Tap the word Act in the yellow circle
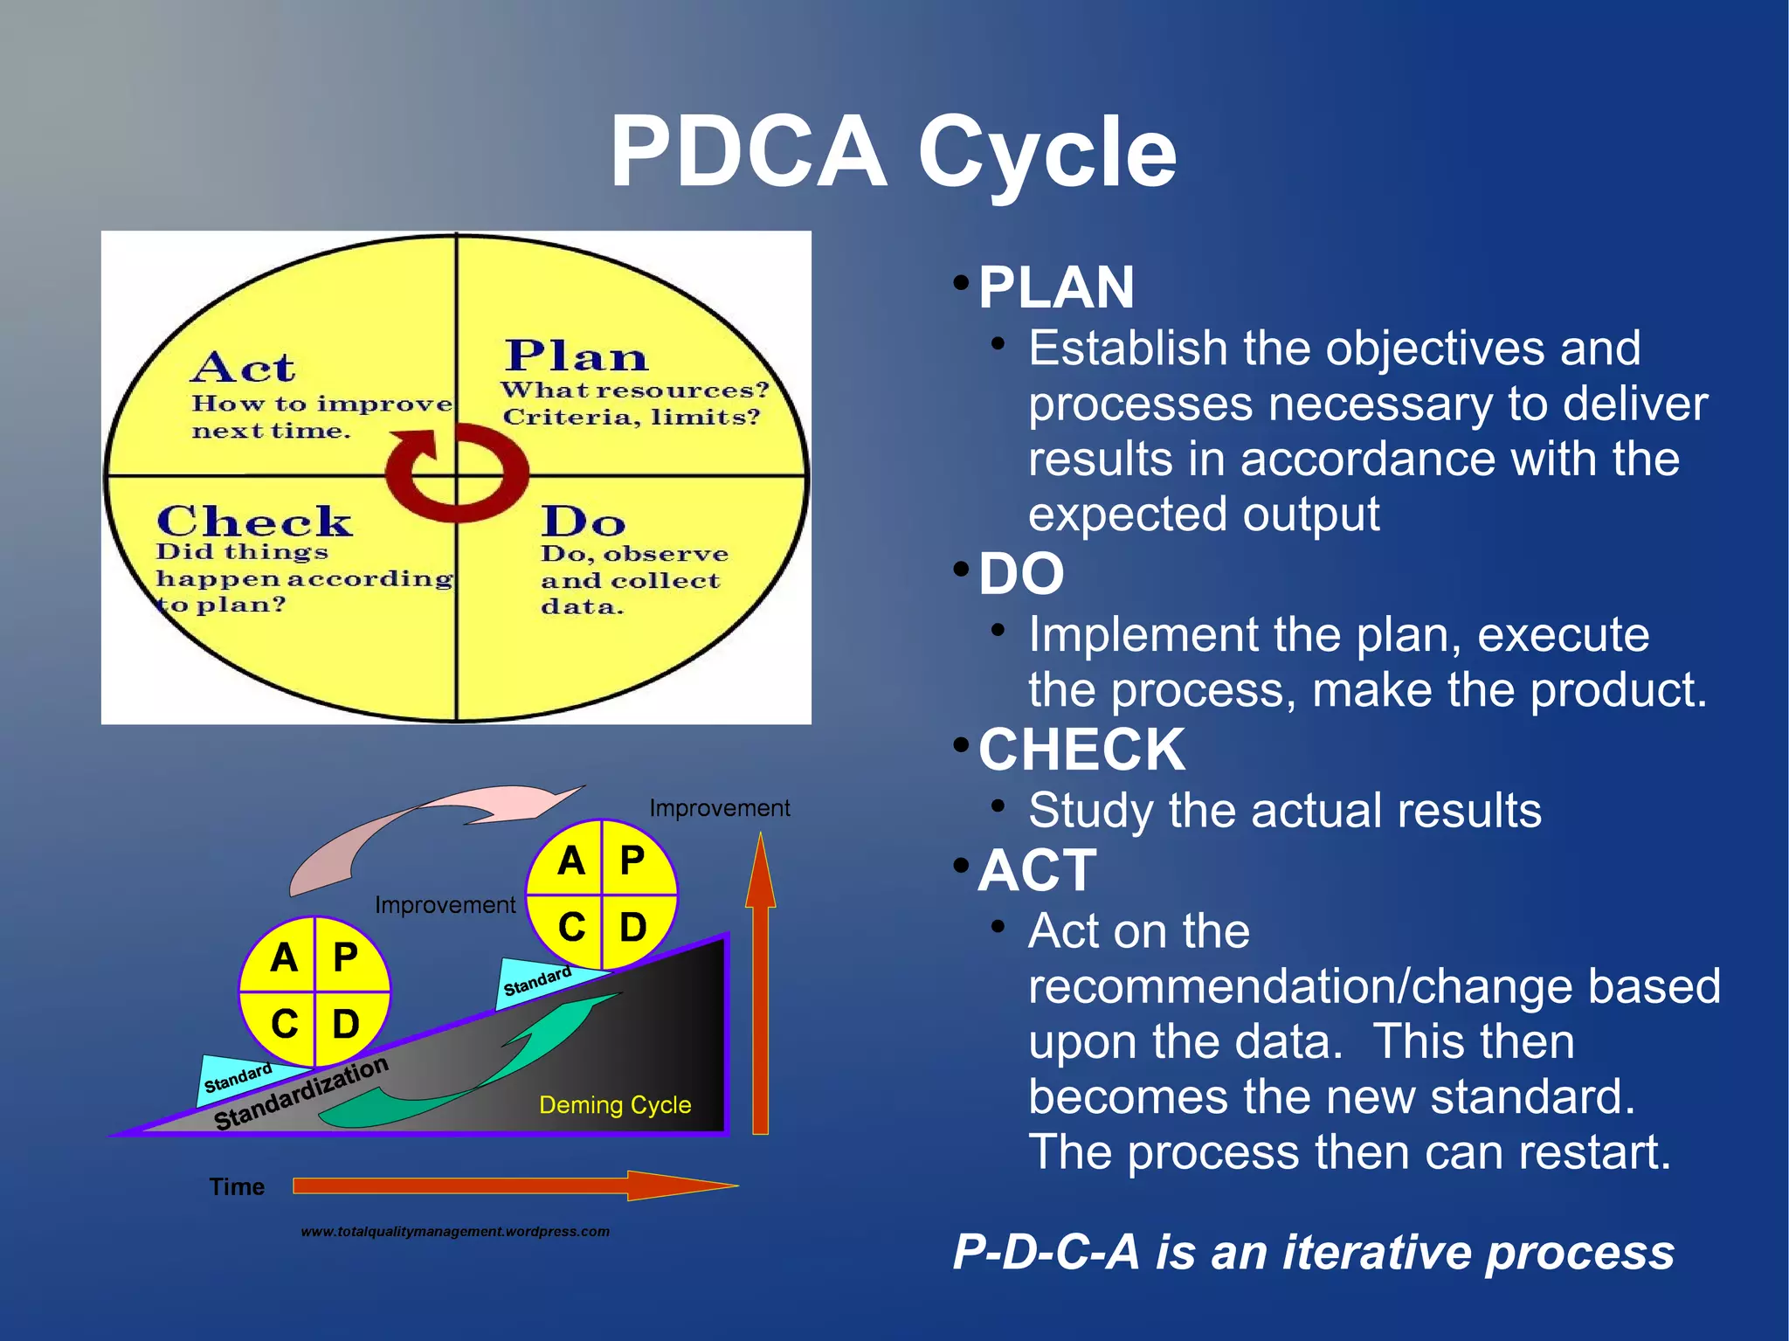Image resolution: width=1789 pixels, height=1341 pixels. pyautogui.click(x=243, y=368)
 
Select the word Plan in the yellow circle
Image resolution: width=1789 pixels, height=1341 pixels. pyautogui.click(x=577, y=356)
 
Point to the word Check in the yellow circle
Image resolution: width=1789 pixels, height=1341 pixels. pyautogui.click(x=254, y=522)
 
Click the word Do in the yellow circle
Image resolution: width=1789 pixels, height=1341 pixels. pyautogui.click(x=583, y=522)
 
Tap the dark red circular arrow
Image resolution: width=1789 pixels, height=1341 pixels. pyautogui.click(x=489, y=489)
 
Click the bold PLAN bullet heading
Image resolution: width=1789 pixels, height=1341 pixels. pyautogui.click(x=1056, y=287)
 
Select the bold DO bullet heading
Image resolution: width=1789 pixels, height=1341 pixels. pyautogui.click(x=1021, y=574)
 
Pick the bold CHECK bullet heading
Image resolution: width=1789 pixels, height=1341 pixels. pyautogui.click(x=1081, y=750)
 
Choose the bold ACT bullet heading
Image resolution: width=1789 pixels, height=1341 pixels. pyautogui.click(x=1037, y=870)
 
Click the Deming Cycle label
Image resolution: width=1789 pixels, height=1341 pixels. pyautogui.click(x=615, y=1105)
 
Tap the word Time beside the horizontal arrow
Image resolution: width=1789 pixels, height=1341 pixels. pyautogui.click(x=237, y=1186)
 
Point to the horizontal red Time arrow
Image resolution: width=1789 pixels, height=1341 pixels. pyautogui.click(x=515, y=1185)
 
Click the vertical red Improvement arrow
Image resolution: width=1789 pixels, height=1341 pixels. pyautogui.click(x=760, y=987)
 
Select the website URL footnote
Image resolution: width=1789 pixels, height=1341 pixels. pyautogui.click(x=455, y=1232)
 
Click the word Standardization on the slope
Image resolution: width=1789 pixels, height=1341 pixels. pyautogui.click(x=300, y=1093)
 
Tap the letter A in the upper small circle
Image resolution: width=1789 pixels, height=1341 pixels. pyautogui.click(x=570, y=861)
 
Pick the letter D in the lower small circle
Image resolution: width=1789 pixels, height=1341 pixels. pyautogui.click(x=346, y=1024)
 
